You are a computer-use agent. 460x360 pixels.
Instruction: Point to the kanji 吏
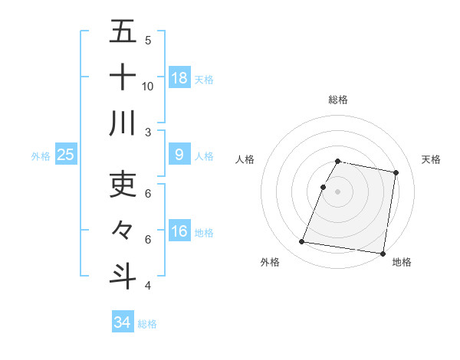click(123, 184)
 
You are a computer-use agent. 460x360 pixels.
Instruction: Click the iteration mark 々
click(123, 230)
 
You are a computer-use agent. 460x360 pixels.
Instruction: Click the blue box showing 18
click(179, 77)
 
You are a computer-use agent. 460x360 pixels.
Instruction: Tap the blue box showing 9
click(179, 155)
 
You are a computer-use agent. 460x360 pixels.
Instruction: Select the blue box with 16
click(179, 231)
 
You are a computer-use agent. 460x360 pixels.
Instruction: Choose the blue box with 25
click(65, 155)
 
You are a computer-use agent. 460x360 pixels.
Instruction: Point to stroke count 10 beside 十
click(148, 86)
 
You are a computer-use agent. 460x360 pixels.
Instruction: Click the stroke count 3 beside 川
click(148, 133)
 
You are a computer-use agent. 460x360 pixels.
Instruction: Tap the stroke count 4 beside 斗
click(148, 286)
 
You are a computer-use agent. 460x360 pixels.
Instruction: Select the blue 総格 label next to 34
click(147, 324)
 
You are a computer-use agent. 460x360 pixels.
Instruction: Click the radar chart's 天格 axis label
click(432, 159)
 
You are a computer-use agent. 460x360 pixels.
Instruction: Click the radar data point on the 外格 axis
click(302, 242)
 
